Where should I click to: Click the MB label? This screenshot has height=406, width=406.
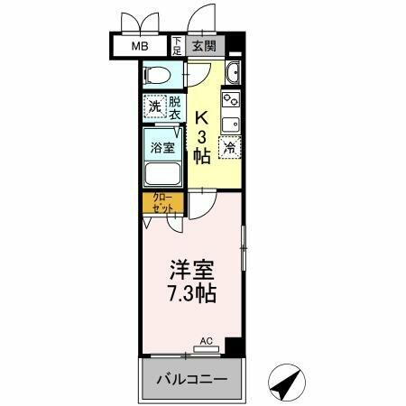[141, 47]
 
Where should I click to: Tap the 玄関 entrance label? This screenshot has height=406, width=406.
[203, 45]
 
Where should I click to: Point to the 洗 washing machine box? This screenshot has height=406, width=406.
[153, 106]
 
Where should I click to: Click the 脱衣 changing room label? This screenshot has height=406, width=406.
[174, 106]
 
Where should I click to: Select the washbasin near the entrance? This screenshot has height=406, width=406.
[233, 73]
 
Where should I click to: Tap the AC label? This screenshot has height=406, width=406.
[206, 341]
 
